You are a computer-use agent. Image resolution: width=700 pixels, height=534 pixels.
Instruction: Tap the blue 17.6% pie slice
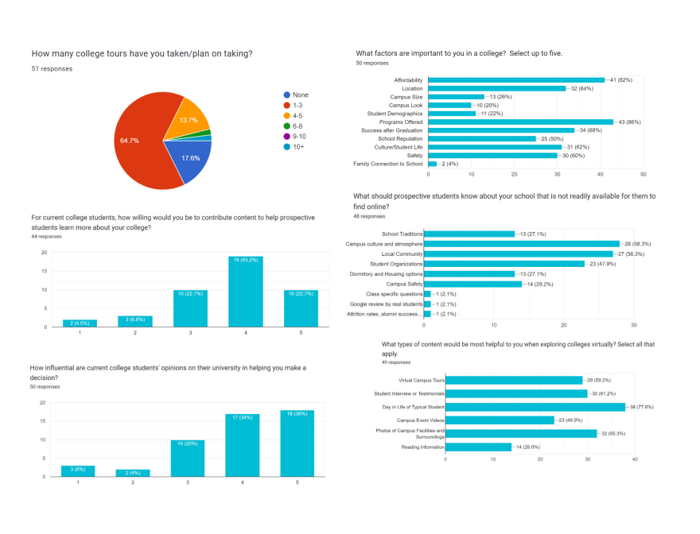(x=191, y=159)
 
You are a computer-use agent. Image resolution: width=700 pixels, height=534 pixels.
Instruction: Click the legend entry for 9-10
(x=297, y=137)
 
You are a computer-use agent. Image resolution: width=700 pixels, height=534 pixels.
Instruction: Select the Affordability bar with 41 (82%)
(x=515, y=80)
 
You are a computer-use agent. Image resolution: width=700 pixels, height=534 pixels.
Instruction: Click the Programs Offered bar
(x=520, y=122)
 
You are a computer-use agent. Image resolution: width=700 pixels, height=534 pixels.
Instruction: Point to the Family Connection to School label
(x=388, y=164)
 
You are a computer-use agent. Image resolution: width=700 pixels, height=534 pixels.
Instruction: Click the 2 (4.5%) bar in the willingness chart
(x=80, y=323)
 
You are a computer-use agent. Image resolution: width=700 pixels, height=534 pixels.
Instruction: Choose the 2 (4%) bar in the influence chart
(x=134, y=473)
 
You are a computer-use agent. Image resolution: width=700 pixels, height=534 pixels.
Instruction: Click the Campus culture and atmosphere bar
(x=521, y=243)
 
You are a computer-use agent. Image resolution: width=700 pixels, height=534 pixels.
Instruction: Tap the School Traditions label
(x=402, y=234)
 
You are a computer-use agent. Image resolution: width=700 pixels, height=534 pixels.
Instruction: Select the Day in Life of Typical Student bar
(x=535, y=407)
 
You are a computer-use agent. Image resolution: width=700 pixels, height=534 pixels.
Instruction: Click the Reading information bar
(x=478, y=447)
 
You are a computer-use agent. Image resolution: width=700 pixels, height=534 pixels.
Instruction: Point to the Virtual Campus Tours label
(x=422, y=380)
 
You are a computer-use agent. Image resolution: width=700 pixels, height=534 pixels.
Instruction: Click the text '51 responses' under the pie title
(x=52, y=69)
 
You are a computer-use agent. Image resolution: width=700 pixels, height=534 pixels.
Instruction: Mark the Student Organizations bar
(x=504, y=263)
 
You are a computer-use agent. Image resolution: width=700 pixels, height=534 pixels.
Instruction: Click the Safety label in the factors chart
(x=414, y=155)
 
